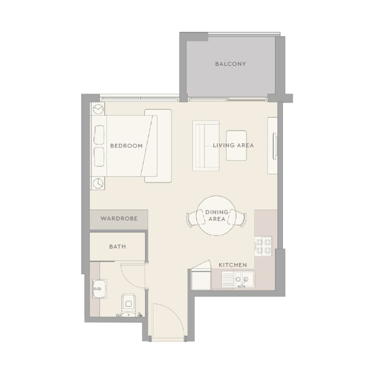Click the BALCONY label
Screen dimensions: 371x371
pos(230,64)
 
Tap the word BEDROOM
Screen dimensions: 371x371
pos(126,146)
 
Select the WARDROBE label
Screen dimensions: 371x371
pos(119,218)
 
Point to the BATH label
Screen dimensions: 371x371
pos(118,247)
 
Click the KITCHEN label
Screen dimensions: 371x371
pos(233,265)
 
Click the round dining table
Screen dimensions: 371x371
pos(216,216)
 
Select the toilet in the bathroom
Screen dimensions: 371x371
pos(128,305)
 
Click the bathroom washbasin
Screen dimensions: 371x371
pos(99,288)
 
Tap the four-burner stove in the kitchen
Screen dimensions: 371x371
pos(263,246)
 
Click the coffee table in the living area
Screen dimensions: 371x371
pos(237,146)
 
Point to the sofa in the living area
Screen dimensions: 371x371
pos(206,146)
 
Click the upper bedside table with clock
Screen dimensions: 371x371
pos(98,109)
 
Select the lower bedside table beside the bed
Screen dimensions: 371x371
pos(98,183)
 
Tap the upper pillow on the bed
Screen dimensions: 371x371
pos(99,134)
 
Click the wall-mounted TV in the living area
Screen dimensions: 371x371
pos(275,146)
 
